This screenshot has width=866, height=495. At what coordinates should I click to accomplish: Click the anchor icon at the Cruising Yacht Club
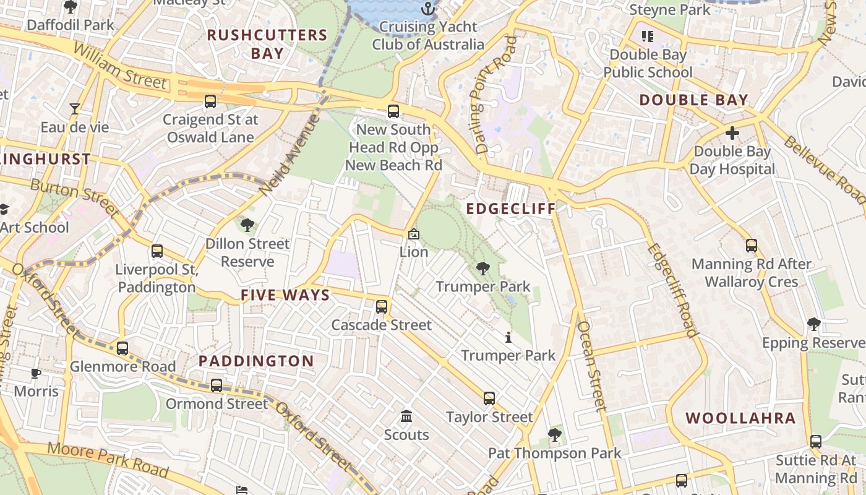[427, 8]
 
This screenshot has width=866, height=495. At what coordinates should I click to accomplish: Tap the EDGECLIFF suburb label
[511, 209]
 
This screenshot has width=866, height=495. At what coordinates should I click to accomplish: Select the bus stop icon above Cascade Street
[382, 306]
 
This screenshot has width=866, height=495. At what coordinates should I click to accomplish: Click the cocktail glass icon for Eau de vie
[75, 109]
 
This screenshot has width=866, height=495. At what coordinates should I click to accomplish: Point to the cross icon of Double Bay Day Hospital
[732, 133]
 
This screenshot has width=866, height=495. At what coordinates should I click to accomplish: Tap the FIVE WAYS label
[285, 295]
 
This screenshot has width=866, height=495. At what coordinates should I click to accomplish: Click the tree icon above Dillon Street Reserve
[247, 225]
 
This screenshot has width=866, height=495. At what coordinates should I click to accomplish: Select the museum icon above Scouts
[406, 416]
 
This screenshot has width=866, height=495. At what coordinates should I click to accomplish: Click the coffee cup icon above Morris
[36, 373]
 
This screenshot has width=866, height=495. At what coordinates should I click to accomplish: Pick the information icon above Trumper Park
[508, 337]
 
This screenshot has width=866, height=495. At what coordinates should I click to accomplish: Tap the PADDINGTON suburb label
[256, 361]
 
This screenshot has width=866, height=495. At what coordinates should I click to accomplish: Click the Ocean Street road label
[591, 366]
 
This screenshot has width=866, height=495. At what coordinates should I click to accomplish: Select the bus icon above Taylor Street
[489, 398]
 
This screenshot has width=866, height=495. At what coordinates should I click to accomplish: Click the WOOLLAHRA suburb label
[740, 418]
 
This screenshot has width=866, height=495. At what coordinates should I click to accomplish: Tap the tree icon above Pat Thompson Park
[555, 435]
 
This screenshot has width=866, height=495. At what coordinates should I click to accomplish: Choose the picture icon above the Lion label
[414, 234]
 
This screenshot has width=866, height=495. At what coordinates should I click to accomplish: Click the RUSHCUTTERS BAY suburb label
[267, 44]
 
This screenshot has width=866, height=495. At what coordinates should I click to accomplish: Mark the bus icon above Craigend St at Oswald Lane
[210, 101]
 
